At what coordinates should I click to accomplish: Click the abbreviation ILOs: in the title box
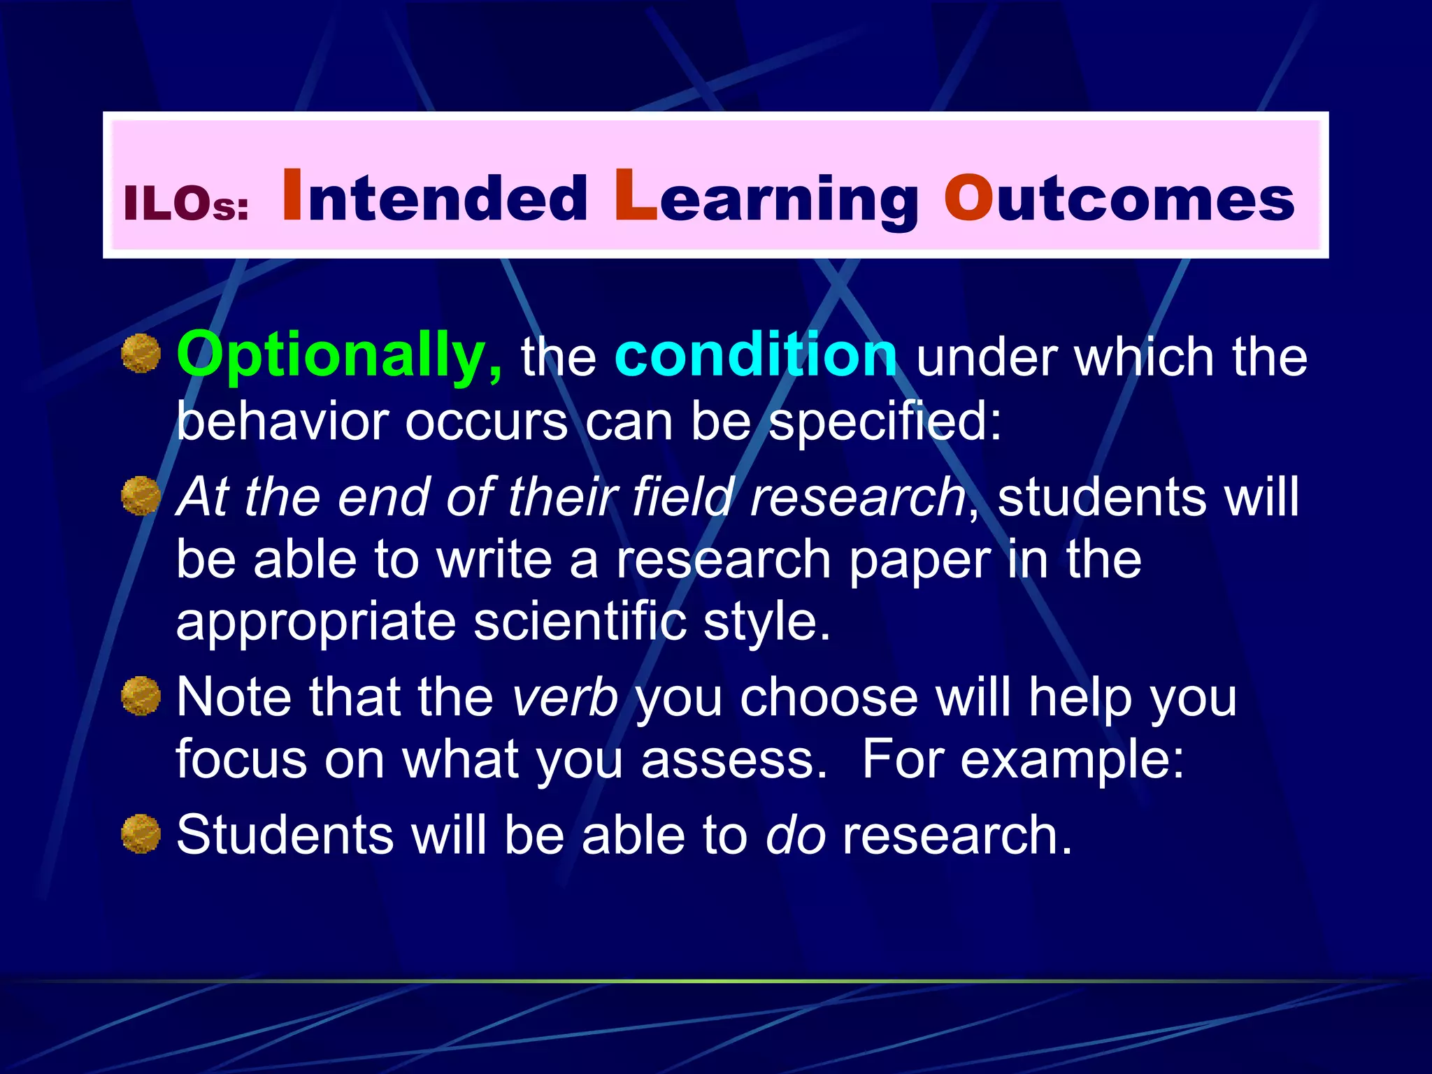pyautogui.click(x=186, y=204)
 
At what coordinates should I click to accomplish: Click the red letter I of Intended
pyautogui.click(x=292, y=196)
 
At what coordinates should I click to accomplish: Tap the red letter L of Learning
pyautogui.click(x=635, y=196)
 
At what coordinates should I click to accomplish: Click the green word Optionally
pyautogui.click(x=339, y=357)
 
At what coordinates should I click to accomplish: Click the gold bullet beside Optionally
pyautogui.click(x=141, y=354)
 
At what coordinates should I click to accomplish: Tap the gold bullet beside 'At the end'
pyautogui.click(x=141, y=496)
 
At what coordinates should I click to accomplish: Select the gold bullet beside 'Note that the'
pyautogui.click(x=141, y=696)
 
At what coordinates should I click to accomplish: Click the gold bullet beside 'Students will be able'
pyautogui.click(x=141, y=833)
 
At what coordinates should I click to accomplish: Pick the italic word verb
pyautogui.click(x=565, y=697)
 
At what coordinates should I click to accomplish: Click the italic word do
pyautogui.click(x=795, y=835)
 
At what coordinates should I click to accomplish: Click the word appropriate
pyautogui.click(x=316, y=622)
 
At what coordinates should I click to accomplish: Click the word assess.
pyautogui.click(x=733, y=759)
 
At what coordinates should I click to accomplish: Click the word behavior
pyautogui.click(x=282, y=422)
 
